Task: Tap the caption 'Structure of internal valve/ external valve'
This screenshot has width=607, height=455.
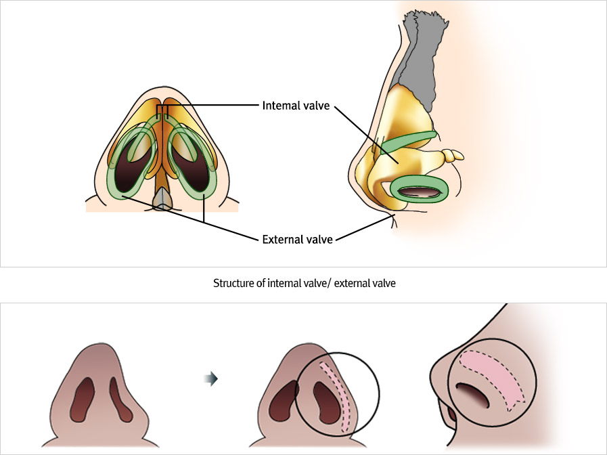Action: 304,284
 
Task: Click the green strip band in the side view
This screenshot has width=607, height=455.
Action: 409,140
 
